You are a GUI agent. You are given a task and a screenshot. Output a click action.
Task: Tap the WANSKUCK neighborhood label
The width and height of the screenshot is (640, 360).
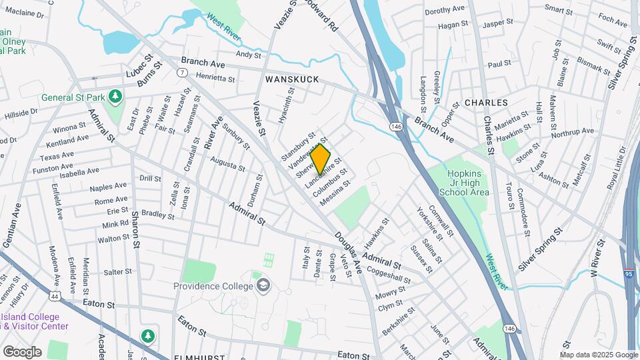(x=292, y=79)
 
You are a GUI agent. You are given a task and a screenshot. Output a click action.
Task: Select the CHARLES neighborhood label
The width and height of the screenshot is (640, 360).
(x=486, y=103)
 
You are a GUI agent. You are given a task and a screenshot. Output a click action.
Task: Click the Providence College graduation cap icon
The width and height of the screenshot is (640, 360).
(x=265, y=285)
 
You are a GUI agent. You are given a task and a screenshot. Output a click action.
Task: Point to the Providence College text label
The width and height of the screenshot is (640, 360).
(x=213, y=286)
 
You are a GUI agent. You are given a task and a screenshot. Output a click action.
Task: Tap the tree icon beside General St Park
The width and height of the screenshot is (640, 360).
(x=115, y=97)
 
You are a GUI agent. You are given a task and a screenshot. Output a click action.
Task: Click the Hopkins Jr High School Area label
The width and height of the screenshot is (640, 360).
(x=464, y=181)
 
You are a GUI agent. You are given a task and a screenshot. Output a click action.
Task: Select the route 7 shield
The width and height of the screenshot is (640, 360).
(x=181, y=71)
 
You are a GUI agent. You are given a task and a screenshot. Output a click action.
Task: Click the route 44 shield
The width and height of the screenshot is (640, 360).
(x=53, y=294)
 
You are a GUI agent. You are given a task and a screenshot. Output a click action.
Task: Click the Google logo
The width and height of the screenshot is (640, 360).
(x=22, y=351)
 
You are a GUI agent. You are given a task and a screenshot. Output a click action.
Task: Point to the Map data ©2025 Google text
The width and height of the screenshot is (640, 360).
(x=599, y=355)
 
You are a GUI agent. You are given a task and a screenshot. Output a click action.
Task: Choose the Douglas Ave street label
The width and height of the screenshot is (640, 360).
(x=347, y=253)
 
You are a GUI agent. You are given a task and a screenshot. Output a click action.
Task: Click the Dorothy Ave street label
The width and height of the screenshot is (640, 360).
(x=444, y=11)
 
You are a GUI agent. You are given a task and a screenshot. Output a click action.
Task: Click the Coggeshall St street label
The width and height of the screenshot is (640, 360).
(x=385, y=277)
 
